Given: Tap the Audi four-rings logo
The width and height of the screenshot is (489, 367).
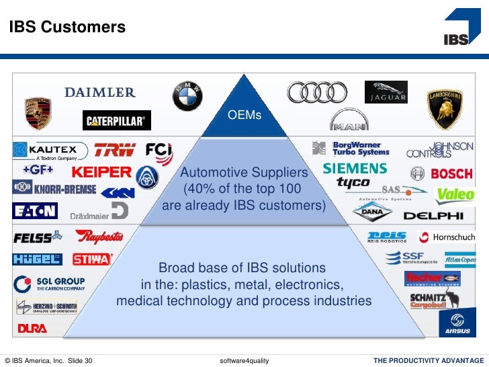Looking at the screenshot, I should [317, 93].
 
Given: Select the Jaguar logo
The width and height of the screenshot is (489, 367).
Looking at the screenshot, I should [386, 92].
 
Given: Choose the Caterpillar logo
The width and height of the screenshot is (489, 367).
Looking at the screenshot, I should [117, 121].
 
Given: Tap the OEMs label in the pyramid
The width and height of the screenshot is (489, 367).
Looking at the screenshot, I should [244, 115].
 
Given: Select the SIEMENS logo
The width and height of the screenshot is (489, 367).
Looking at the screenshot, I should [355, 169].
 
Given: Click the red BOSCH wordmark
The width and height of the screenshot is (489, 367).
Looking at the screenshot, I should [451, 174].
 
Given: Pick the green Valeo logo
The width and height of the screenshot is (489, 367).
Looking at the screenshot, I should [455, 196].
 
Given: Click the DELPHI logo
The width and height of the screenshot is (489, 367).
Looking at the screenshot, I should [433, 216].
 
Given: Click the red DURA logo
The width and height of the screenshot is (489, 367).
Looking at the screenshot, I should [32, 329].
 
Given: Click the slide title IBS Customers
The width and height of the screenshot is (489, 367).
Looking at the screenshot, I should [67, 28].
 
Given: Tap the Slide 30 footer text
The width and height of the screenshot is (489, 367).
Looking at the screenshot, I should [80, 361].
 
